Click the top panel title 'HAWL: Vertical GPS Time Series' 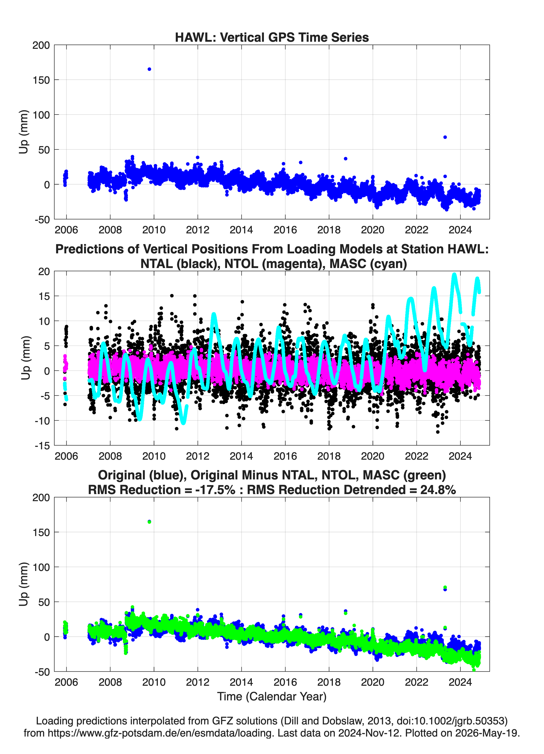[272, 37]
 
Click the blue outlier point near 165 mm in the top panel [150, 69]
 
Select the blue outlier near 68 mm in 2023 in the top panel [445, 137]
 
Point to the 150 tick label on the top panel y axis [41, 80]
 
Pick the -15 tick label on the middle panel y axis [42, 446]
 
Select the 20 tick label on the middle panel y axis [44, 271]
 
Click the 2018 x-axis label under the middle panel [329, 456]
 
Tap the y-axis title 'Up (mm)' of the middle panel [26, 358]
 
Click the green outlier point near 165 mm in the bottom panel [150, 522]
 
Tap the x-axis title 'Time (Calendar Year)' [272, 696]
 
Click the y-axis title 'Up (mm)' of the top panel [23, 132]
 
